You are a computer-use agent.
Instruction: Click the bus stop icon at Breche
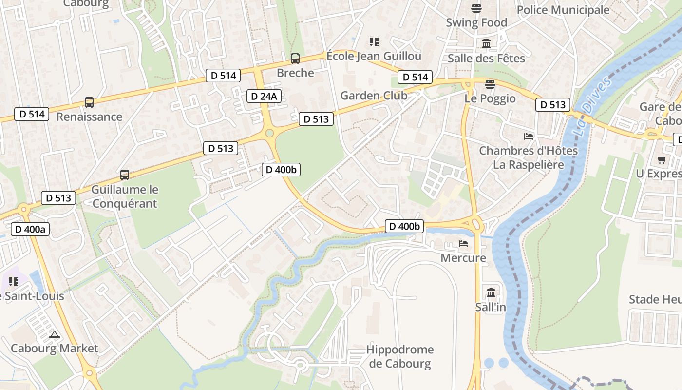[x=295, y=58]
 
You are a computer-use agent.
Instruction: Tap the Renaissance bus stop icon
[x=89, y=102]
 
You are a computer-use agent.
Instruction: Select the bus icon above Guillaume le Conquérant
[x=125, y=175]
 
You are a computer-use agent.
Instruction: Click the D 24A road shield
[x=264, y=96]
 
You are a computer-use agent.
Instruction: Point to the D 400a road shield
[x=30, y=229]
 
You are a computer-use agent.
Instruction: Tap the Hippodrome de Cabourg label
[x=399, y=356]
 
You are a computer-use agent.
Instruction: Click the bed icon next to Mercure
[x=463, y=243]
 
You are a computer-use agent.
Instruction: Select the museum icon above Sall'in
[x=491, y=292]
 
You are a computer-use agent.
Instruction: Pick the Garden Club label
[x=374, y=96]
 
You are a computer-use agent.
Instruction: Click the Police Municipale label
[x=563, y=10]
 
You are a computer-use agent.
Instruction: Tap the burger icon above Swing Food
[x=476, y=8]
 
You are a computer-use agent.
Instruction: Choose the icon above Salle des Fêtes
[x=486, y=44]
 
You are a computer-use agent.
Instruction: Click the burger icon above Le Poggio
[x=490, y=84]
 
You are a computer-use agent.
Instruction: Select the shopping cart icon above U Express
[x=662, y=159]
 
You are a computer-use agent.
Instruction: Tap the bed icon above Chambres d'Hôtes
[x=529, y=136]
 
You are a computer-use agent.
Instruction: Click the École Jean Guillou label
[x=374, y=56]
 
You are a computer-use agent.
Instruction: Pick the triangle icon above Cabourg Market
[x=54, y=334]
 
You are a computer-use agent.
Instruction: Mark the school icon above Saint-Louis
[x=13, y=282]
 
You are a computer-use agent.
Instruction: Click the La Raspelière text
[x=529, y=164]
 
